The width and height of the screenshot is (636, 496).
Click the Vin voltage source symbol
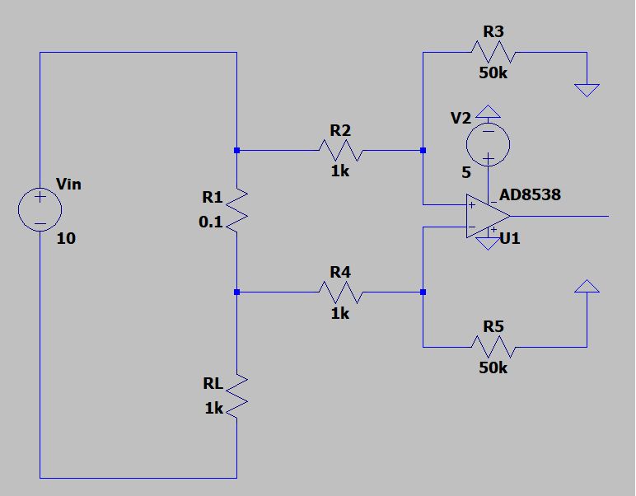tap(40, 209)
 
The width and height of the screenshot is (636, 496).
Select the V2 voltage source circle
tap(488, 144)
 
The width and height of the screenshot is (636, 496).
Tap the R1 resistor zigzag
tap(237, 210)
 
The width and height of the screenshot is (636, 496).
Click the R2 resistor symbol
tap(339, 151)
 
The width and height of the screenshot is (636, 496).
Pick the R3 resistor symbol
tap(493, 53)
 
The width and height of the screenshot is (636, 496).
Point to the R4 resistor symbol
tap(339, 292)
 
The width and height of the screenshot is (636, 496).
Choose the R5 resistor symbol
tap(493, 346)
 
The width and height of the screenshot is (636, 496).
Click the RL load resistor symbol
tap(237, 395)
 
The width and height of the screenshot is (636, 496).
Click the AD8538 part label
tap(531, 195)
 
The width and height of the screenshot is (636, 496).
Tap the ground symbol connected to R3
tap(587, 89)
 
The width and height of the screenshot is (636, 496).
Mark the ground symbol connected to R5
tap(587, 287)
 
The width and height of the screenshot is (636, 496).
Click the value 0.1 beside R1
tap(210, 222)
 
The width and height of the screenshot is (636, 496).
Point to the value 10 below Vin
tap(66, 239)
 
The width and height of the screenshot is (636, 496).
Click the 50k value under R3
tap(493, 73)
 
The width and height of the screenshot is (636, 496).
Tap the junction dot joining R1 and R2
tap(237, 151)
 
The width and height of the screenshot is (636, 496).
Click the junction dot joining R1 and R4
tap(237, 292)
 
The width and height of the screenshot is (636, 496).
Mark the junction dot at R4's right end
tap(423, 292)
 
